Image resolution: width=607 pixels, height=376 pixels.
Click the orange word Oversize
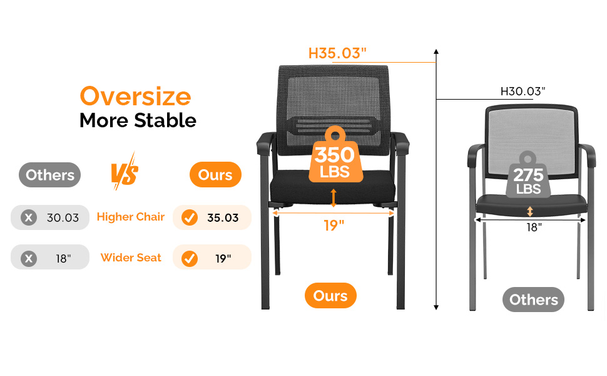coord(136,97)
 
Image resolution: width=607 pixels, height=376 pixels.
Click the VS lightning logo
coord(125,172)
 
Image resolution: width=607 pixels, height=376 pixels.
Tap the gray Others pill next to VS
coord(49,175)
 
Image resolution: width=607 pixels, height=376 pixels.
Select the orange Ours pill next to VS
coord(215,175)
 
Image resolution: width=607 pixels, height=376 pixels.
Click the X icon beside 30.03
coord(29,217)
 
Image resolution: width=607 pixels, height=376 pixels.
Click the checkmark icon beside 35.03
coord(190,217)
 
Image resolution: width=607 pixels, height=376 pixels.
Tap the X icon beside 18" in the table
coord(29,258)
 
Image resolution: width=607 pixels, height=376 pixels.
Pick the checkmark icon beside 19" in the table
coord(190,258)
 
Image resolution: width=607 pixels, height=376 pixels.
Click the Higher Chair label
coord(131,217)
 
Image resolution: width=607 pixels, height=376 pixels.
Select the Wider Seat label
coord(131,258)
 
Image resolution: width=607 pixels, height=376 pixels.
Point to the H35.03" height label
coord(337,53)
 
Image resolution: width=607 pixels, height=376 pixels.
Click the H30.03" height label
coord(523,91)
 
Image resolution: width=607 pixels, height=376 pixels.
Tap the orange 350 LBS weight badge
coord(335,155)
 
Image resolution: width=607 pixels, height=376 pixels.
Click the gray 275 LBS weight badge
coord(528,175)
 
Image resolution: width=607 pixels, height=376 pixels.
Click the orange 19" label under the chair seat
coord(334,225)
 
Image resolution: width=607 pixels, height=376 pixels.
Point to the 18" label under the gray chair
coord(534,227)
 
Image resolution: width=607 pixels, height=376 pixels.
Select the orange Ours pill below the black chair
coord(330,296)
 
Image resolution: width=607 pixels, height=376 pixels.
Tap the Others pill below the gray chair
coord(533,300)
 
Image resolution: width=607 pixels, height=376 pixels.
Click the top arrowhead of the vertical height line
coord(436,51)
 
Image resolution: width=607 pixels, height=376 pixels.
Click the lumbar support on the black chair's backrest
coord(334,126)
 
